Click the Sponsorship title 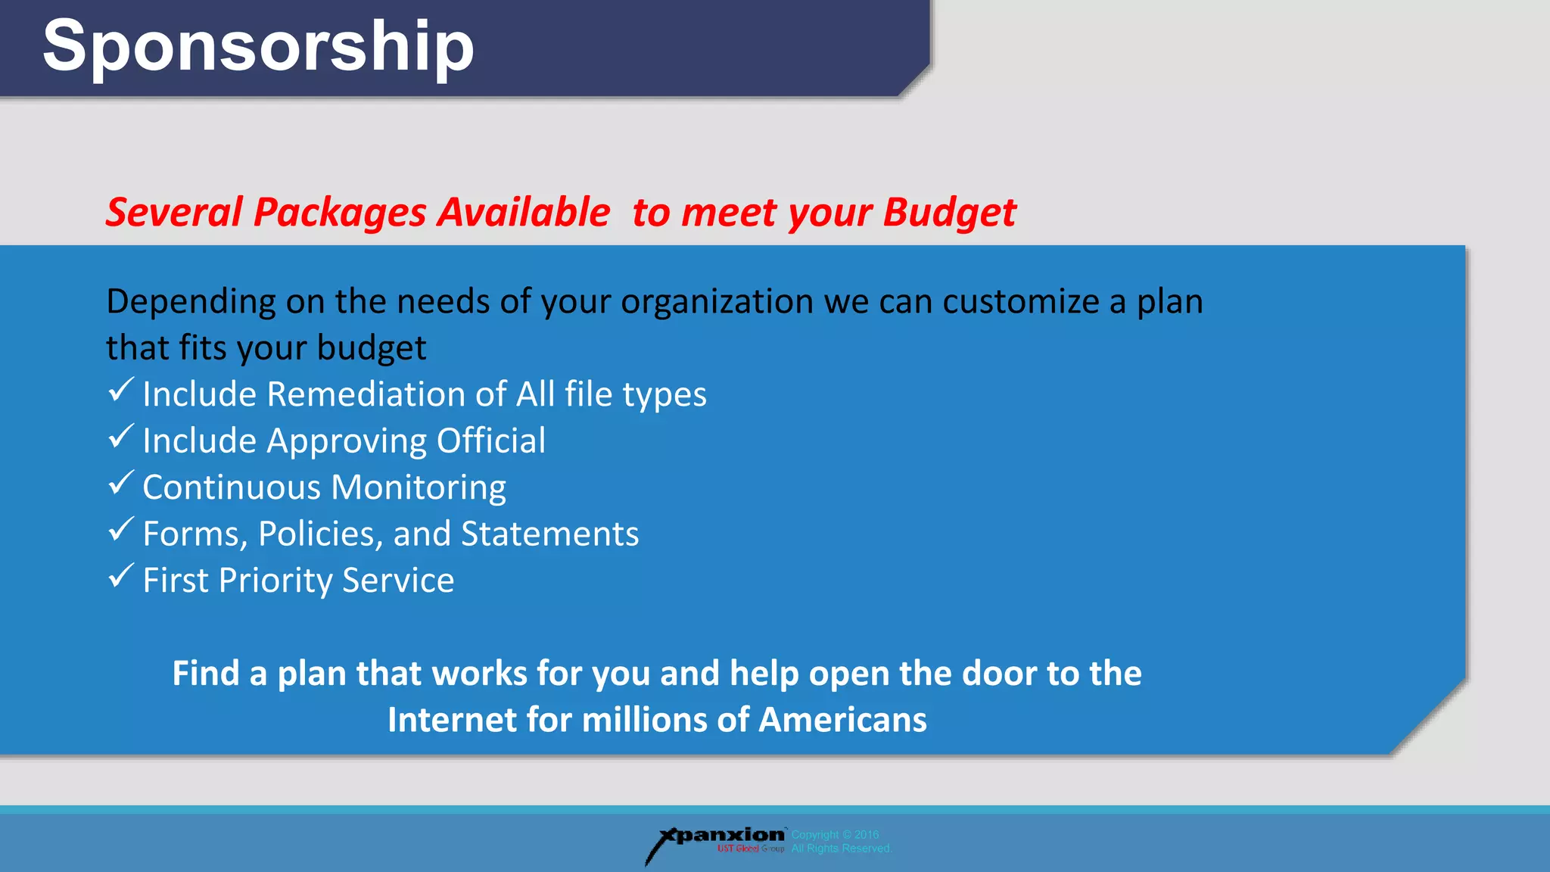pyautogui.click(x=258, y=47)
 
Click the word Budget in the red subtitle pyautogui.click(x=949, y=213)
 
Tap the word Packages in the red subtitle pyautogui.click(x=340, y=213)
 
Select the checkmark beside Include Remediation pyautogui.click(x=121, y=391)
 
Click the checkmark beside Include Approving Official pyautogui.click(x=121, y=437)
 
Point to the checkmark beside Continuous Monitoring pyautogui.click(x=121, y=483)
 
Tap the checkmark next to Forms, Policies pyautogui.click(x=121, y=530)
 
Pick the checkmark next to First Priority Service pyautogui.click(x=121, y=576)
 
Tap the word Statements pyautogui.click(x=549, y=534)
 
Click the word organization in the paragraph pyautogui.click(x=717, y=302)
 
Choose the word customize pyautogui.click(x=1020, y=302)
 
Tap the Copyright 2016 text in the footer pyautogui.click(x=836, y=835)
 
